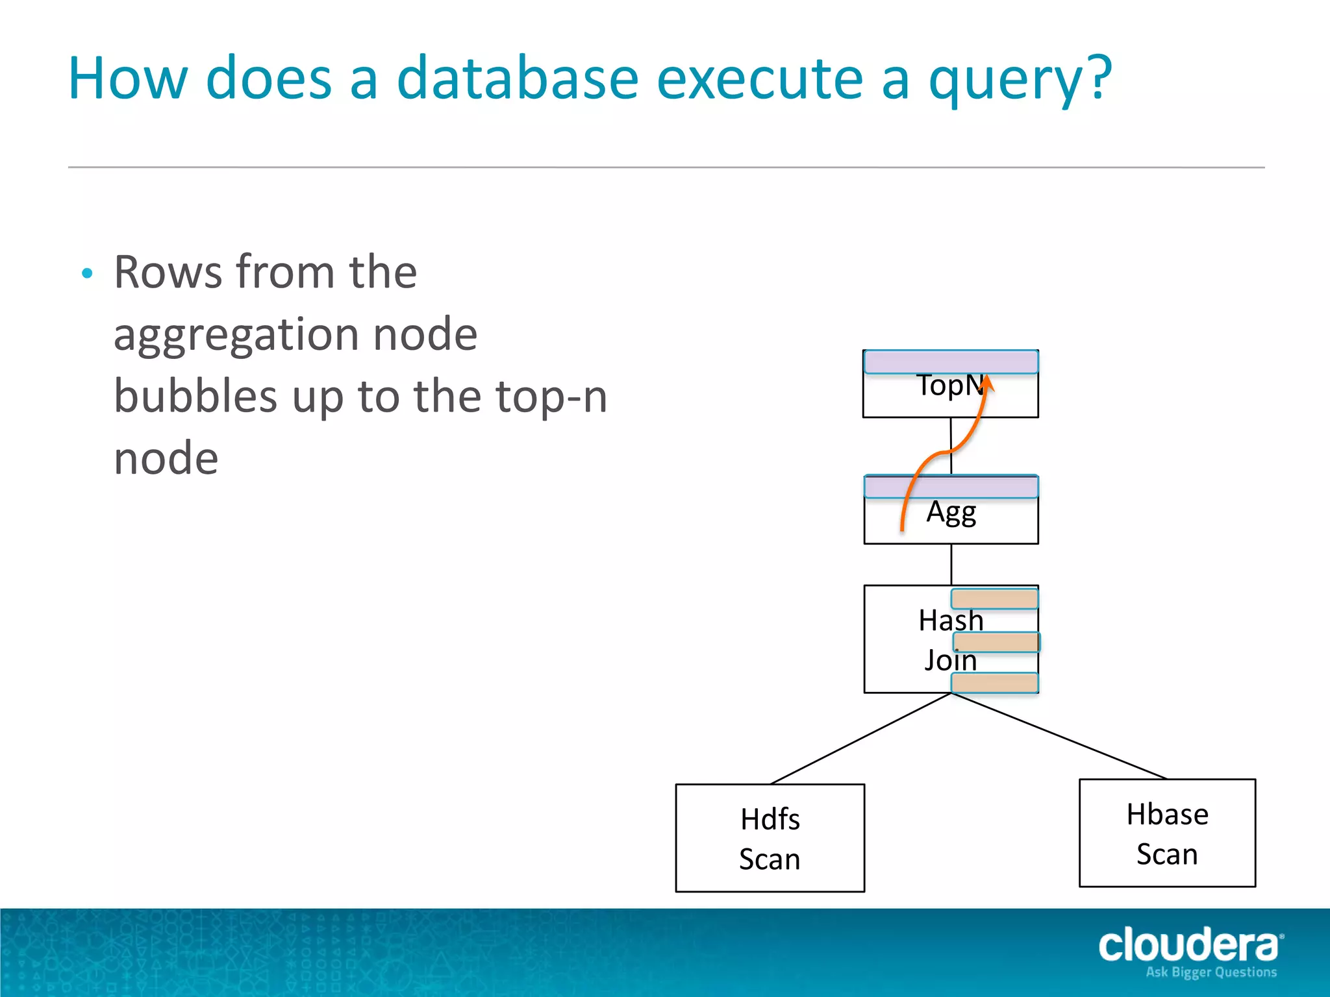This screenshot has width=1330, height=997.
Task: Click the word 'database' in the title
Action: pos(518,79)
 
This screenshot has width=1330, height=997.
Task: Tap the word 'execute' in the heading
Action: pos(759,79)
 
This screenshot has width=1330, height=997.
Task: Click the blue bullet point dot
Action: pos(88,273)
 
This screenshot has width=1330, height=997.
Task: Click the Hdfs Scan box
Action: pos(770,838)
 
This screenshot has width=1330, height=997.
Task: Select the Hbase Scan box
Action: pos(1167,833)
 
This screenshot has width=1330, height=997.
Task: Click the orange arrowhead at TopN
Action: pos(987,382)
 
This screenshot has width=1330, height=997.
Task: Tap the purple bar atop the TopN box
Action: pos(951,362)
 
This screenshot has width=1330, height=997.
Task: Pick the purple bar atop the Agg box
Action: pos(951,486)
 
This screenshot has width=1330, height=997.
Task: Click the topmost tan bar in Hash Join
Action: pos(994,598)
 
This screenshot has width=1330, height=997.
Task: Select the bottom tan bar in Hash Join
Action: pos(994,683)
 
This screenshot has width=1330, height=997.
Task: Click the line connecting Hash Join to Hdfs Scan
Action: pos(860,739)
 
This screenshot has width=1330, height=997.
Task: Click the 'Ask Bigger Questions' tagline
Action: pos(1211,972)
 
